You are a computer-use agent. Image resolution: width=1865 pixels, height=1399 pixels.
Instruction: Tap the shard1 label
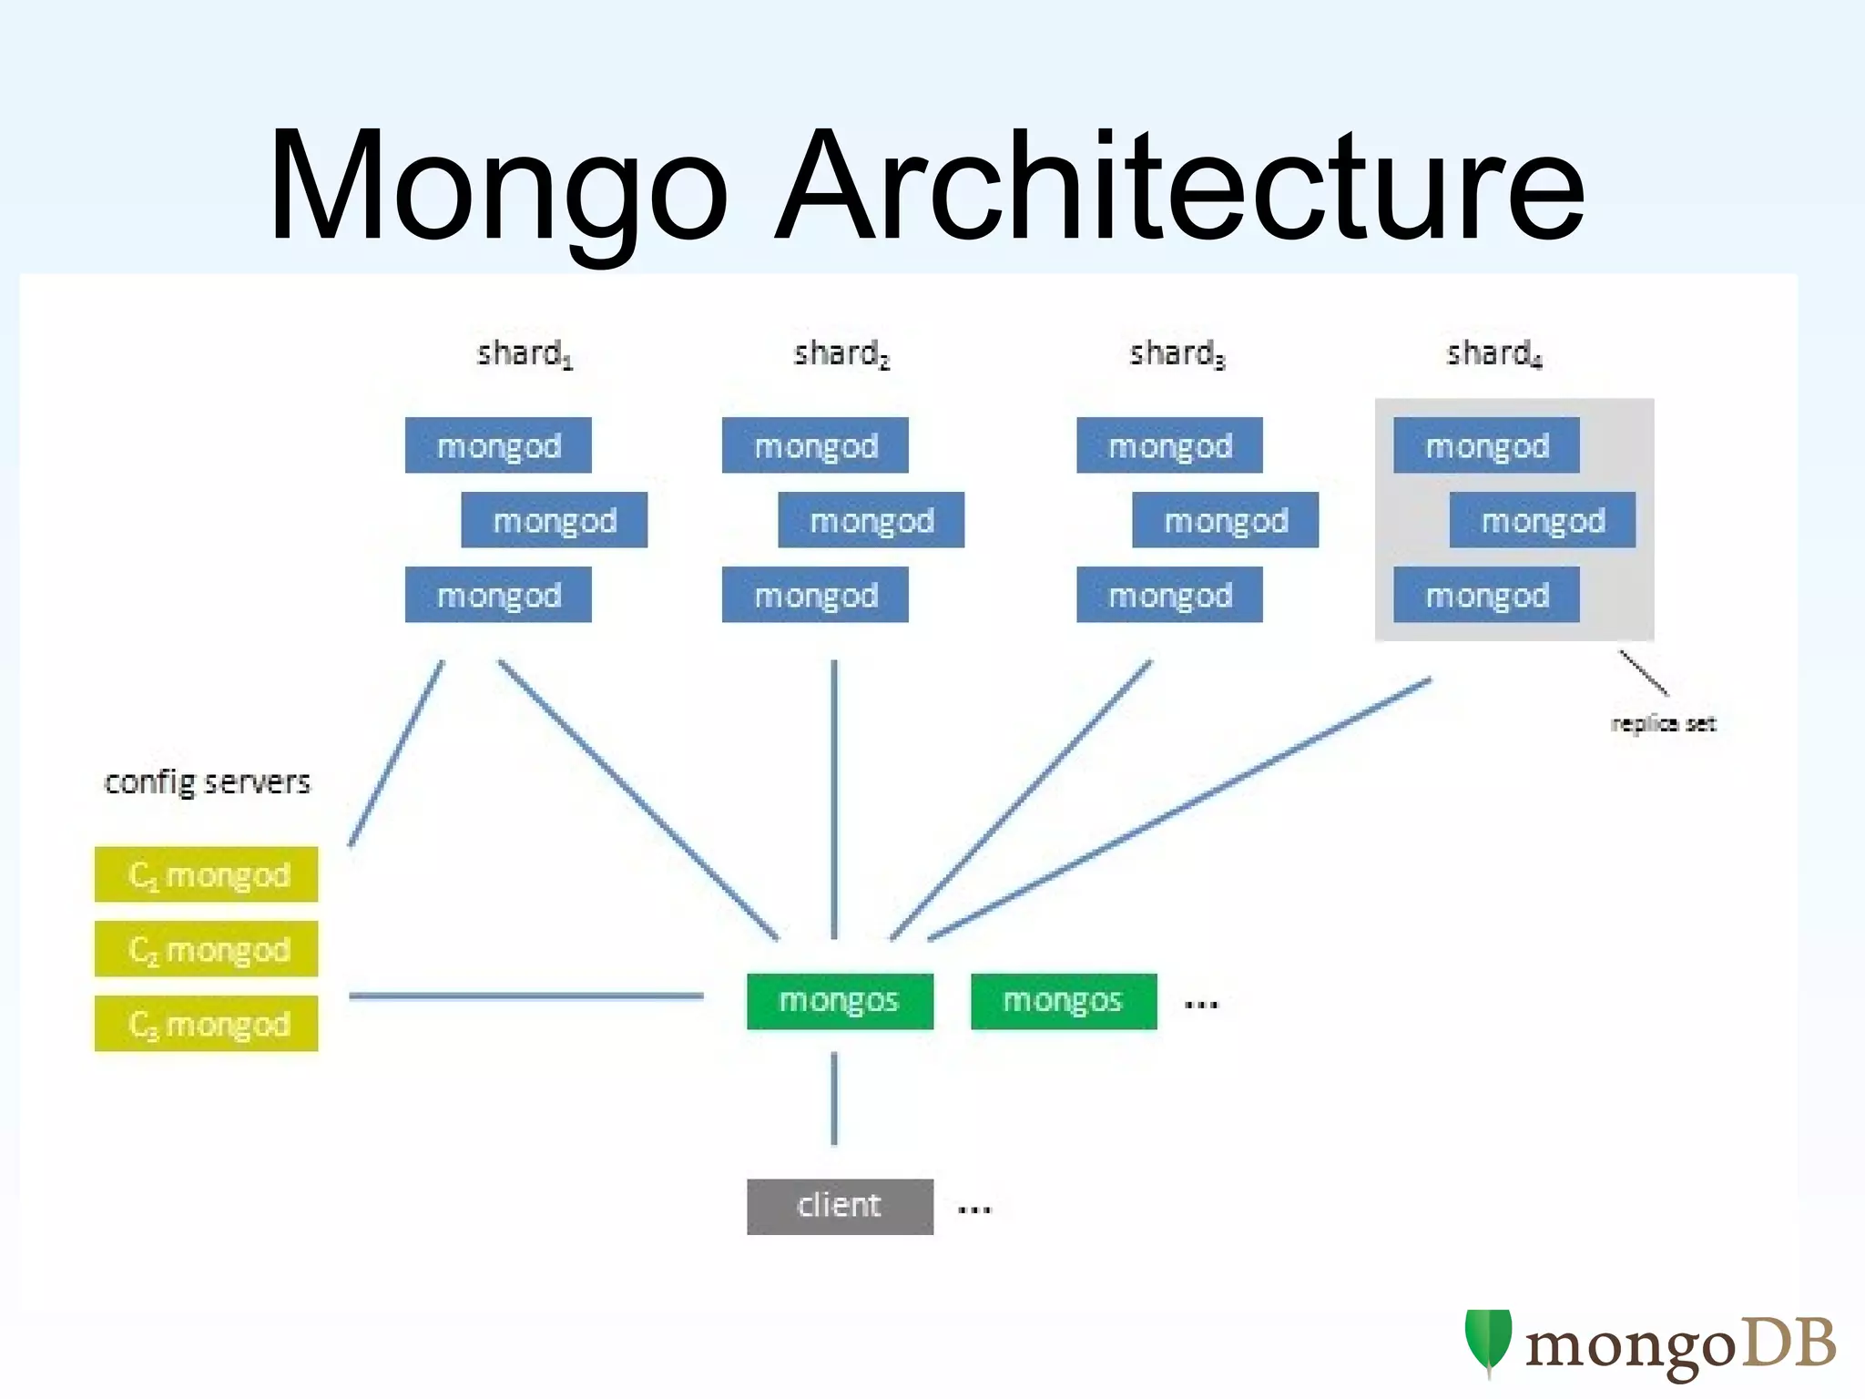point(525,353)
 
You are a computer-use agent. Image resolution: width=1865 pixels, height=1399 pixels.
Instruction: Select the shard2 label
point(841,353)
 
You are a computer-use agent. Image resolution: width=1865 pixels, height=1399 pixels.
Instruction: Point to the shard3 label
point(1177,353)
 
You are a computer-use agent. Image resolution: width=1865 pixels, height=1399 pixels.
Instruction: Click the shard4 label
point(1493,353)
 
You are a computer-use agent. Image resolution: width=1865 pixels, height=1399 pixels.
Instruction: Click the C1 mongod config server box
point(207,874)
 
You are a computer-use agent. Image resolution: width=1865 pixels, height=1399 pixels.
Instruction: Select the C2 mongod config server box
point(207,949)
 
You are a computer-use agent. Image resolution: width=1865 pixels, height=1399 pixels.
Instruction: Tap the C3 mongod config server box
point(207,1024)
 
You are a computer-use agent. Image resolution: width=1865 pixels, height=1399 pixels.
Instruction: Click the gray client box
point(840,1206)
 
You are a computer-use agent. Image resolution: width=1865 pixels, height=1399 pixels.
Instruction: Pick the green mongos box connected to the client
point(840,1001)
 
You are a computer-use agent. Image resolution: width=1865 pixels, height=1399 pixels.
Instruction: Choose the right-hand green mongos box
point(1064,1001)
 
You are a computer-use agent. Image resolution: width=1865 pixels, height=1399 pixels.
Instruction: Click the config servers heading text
point(207,781)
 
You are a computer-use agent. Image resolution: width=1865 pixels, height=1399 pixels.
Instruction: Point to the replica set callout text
point(1663,724)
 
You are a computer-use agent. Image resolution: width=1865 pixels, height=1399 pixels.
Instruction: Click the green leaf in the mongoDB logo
point(1488,1341)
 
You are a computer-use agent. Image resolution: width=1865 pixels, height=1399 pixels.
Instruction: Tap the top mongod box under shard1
point(498,445)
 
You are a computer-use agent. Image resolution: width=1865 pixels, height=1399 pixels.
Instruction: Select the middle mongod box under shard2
point(871,520)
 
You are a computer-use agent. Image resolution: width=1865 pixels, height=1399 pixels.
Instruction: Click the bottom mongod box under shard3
point(1169,595)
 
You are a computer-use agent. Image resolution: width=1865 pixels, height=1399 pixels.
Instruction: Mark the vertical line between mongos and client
point(834,1098)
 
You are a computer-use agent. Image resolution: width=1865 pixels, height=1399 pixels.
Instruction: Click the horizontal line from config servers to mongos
point(526,996)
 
